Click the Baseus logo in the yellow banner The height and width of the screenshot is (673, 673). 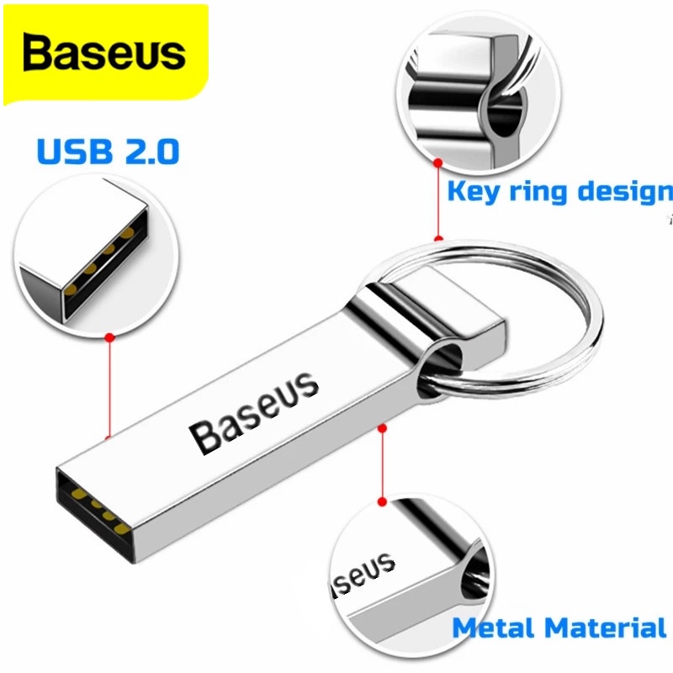tap(103, 52)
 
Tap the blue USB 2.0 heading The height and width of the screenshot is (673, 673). tap(108, 152)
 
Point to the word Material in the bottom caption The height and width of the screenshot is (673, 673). tap(605, 628)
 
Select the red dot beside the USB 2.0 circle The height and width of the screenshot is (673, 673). tap(109, 337)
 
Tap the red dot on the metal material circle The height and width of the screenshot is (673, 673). tap(381, 502)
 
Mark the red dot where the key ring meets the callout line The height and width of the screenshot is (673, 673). tap(437, 239)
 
